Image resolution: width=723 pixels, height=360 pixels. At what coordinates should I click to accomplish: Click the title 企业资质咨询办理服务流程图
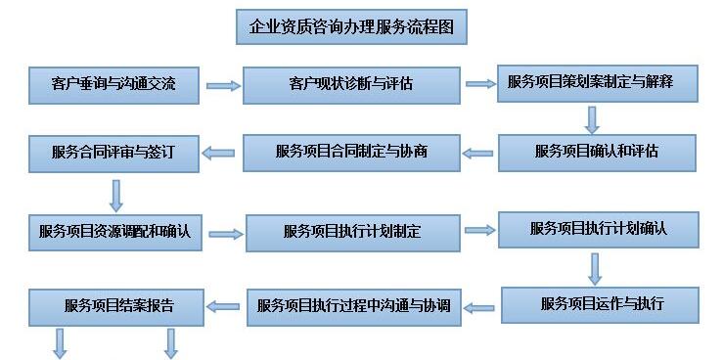[x=351, y=27]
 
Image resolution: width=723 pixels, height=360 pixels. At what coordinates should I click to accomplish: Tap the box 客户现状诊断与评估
[x=351, y=84]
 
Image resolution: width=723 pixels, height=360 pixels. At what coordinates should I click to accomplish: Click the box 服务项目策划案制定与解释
[x=598, y=82]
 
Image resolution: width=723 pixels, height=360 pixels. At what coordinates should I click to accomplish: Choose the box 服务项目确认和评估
[x=598, y=152]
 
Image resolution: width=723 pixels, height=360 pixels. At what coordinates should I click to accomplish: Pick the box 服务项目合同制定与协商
[x=351, y=153]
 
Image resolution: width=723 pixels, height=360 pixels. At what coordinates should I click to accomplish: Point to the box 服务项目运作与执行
[x=600, y=303]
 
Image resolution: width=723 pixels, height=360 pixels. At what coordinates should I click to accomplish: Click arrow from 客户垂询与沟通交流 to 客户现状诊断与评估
[x=223, y=86]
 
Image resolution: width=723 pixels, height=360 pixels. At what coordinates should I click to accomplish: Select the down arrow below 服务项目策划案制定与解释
[x=592, y=119]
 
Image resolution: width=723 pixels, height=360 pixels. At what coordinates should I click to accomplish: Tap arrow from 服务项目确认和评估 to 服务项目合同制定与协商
[x=479, y=153]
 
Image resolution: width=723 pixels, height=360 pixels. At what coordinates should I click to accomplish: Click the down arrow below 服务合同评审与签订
[x=116, y=195]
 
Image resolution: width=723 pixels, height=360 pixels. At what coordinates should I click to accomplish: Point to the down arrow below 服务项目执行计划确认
[x=594, y=267]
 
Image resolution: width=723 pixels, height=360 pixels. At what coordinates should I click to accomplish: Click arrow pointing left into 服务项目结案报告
[x=227, y=306]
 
